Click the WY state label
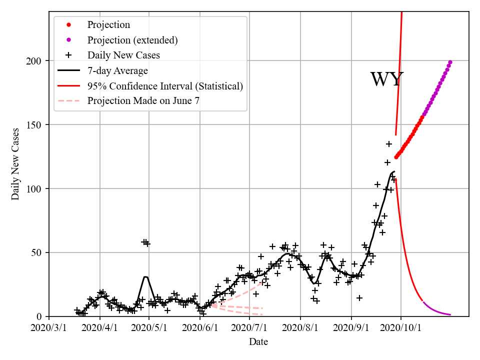[386, 80]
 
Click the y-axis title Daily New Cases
[15, 164]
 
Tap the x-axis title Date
[258, 342]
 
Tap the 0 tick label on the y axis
[41, 316]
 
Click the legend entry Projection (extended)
[132, 40]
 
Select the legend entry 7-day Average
[117, 70]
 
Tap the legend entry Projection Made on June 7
[143, 101]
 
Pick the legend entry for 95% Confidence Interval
[165, 86]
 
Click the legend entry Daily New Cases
[123, 55]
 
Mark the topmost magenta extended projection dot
[450, 62]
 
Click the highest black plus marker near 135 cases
[388, 144]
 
